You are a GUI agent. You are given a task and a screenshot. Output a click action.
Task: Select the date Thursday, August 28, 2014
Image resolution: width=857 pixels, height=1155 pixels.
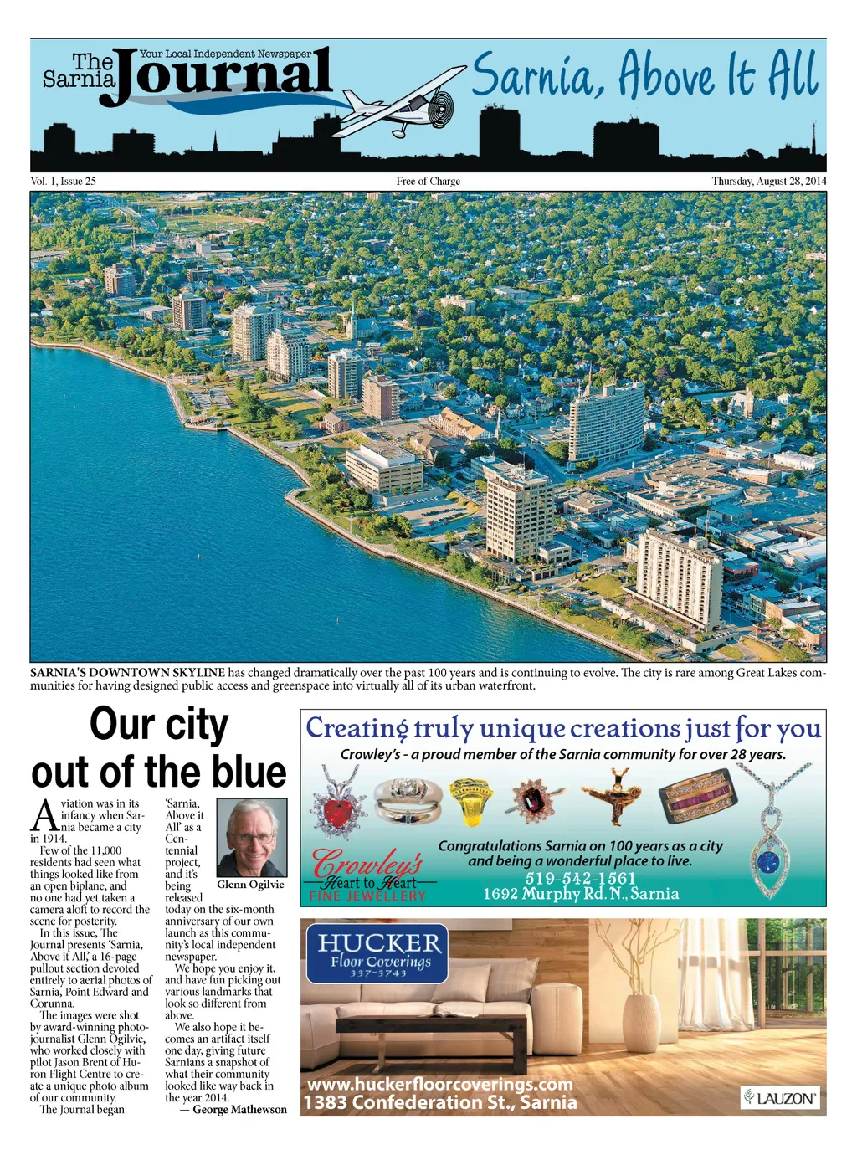tap(768, 181)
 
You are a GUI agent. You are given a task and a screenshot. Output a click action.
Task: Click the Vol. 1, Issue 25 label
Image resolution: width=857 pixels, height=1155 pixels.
tap(64, 181)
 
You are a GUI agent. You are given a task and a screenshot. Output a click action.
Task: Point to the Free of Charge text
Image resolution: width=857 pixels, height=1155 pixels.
tap(428, 181)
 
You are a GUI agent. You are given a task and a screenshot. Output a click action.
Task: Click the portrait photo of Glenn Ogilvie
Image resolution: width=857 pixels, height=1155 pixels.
tap(251, 837)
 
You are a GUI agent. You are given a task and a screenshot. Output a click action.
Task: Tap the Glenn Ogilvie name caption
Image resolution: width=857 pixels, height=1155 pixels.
tap(250, 885)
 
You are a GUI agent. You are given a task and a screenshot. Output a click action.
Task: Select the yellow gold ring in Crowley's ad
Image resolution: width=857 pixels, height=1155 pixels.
tap(472, 802)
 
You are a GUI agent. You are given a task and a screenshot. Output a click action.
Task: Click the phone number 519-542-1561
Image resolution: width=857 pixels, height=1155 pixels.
tap(580, 878)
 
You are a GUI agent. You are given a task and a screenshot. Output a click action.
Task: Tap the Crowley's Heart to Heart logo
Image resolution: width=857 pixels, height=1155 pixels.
tap(368, 875)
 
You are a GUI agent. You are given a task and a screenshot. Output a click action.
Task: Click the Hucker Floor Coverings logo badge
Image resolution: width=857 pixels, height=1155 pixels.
tap(378, 952)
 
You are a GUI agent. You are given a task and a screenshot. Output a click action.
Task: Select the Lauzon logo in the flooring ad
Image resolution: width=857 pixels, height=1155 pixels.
tap(779, 1097)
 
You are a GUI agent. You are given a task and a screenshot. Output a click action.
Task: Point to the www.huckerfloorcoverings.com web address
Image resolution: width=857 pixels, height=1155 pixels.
tap(440, 1084)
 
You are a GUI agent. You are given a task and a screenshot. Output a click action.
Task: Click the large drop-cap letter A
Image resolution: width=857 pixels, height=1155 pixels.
tap(44, 816)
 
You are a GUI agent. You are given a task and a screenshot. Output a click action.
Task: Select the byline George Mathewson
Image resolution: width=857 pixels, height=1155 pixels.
tap(239, 1110)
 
